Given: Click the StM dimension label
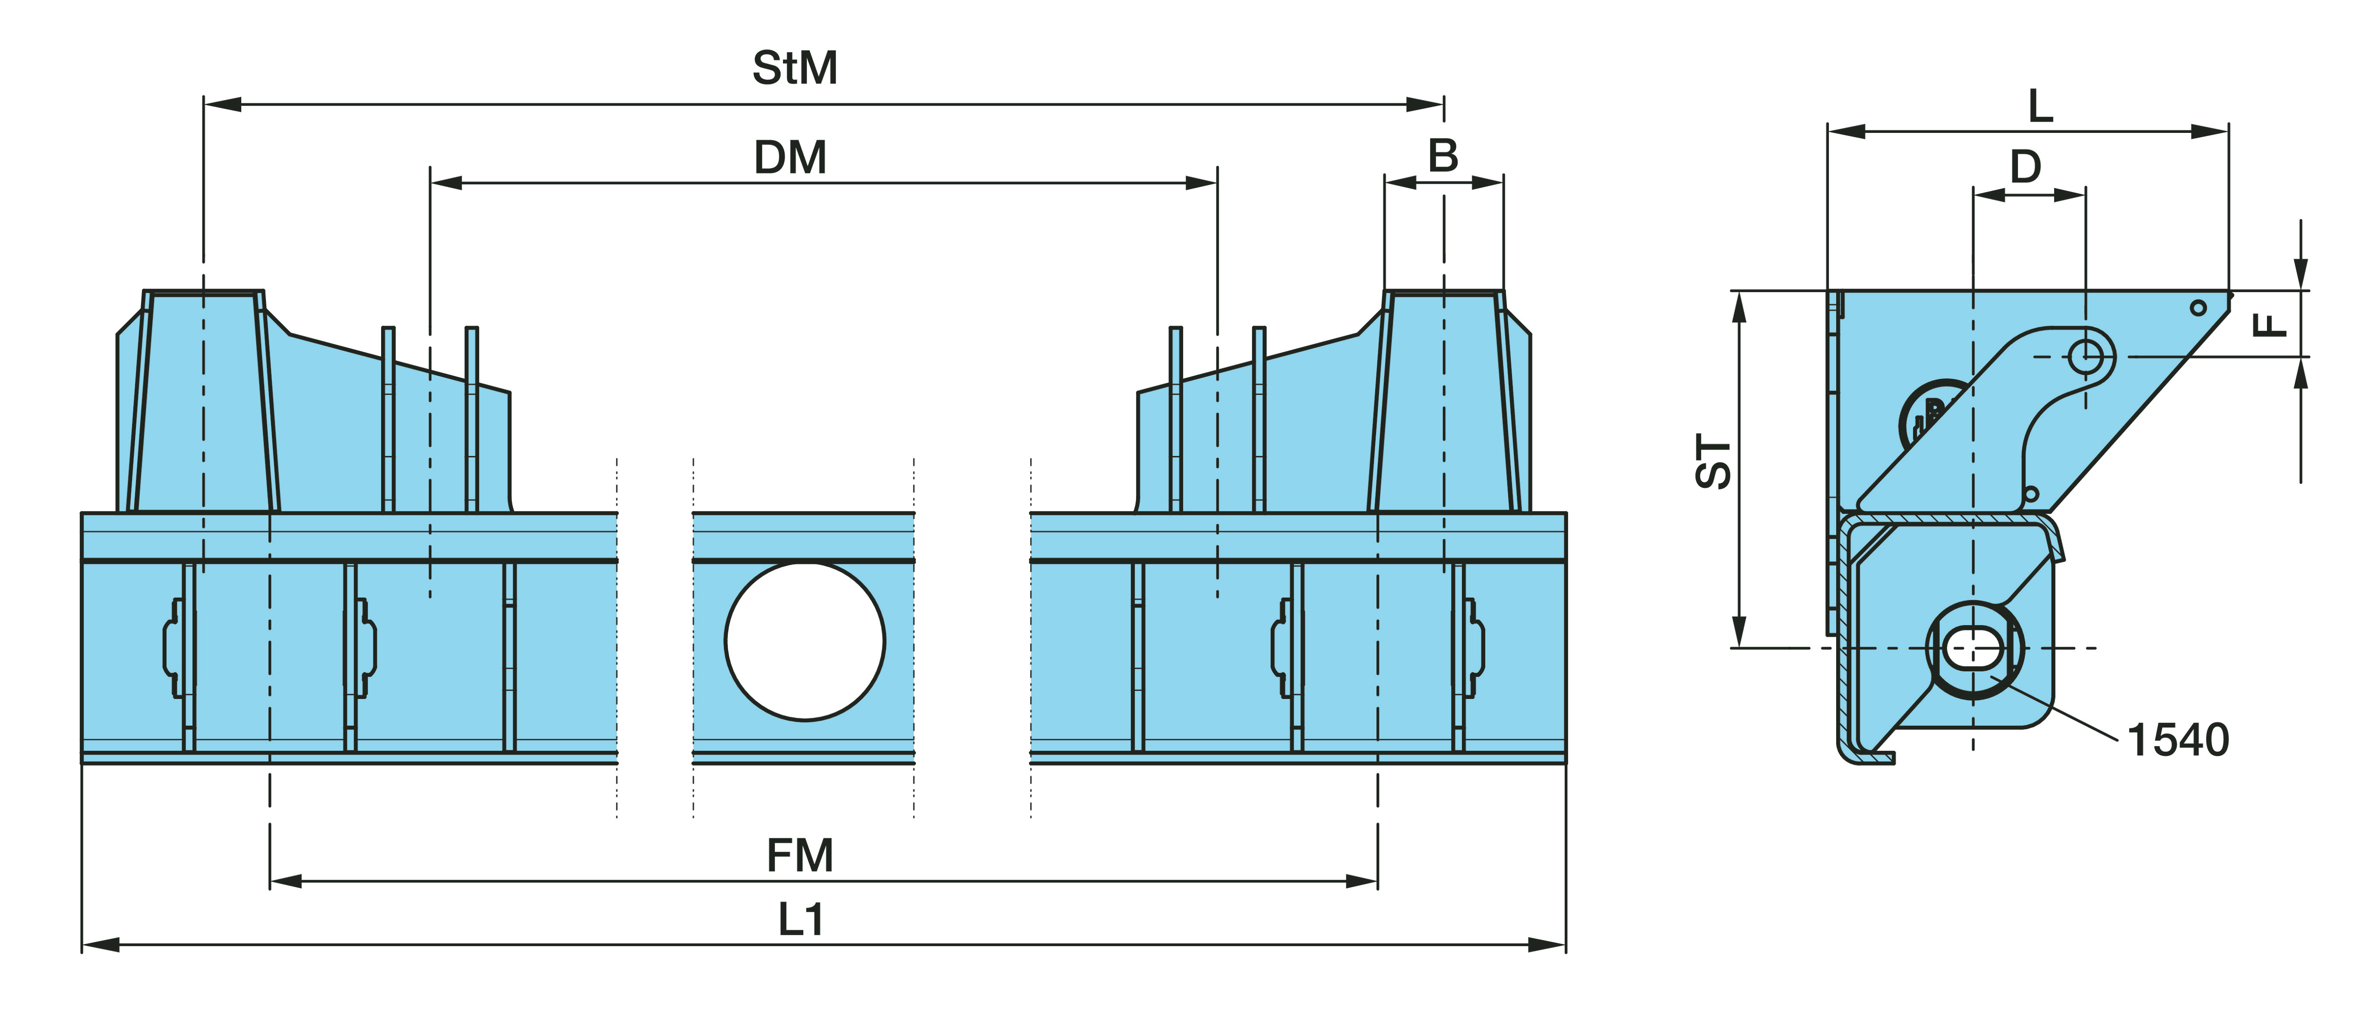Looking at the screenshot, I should click(794, 68).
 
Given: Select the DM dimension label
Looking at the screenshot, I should click(790, 157).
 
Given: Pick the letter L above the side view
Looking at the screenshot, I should click(2040, 107).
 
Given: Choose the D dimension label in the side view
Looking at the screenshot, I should click(2026, 167).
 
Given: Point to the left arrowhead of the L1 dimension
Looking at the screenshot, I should click(100, 944).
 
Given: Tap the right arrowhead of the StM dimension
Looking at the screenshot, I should click(1427, 104).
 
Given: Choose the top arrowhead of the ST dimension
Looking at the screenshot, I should click(1739, 309).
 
